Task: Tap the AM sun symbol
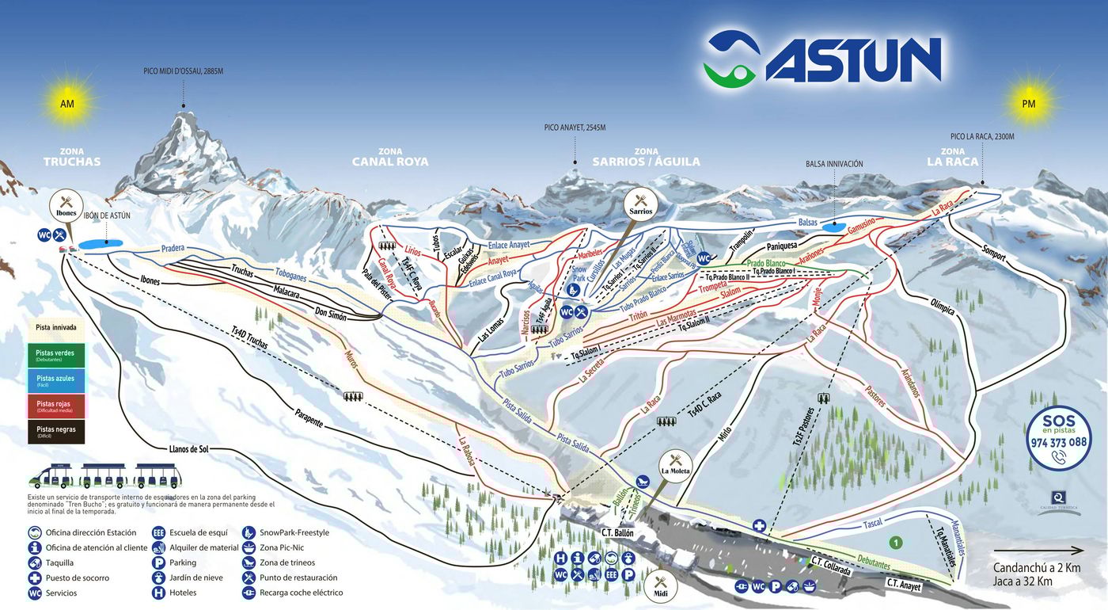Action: [66, 103]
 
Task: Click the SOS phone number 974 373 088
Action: [1058, 442]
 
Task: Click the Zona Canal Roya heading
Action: [390, 157]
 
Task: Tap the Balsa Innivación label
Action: [834, 164]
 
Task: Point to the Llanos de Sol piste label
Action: [188, 449]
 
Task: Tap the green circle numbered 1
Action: [895, 543]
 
